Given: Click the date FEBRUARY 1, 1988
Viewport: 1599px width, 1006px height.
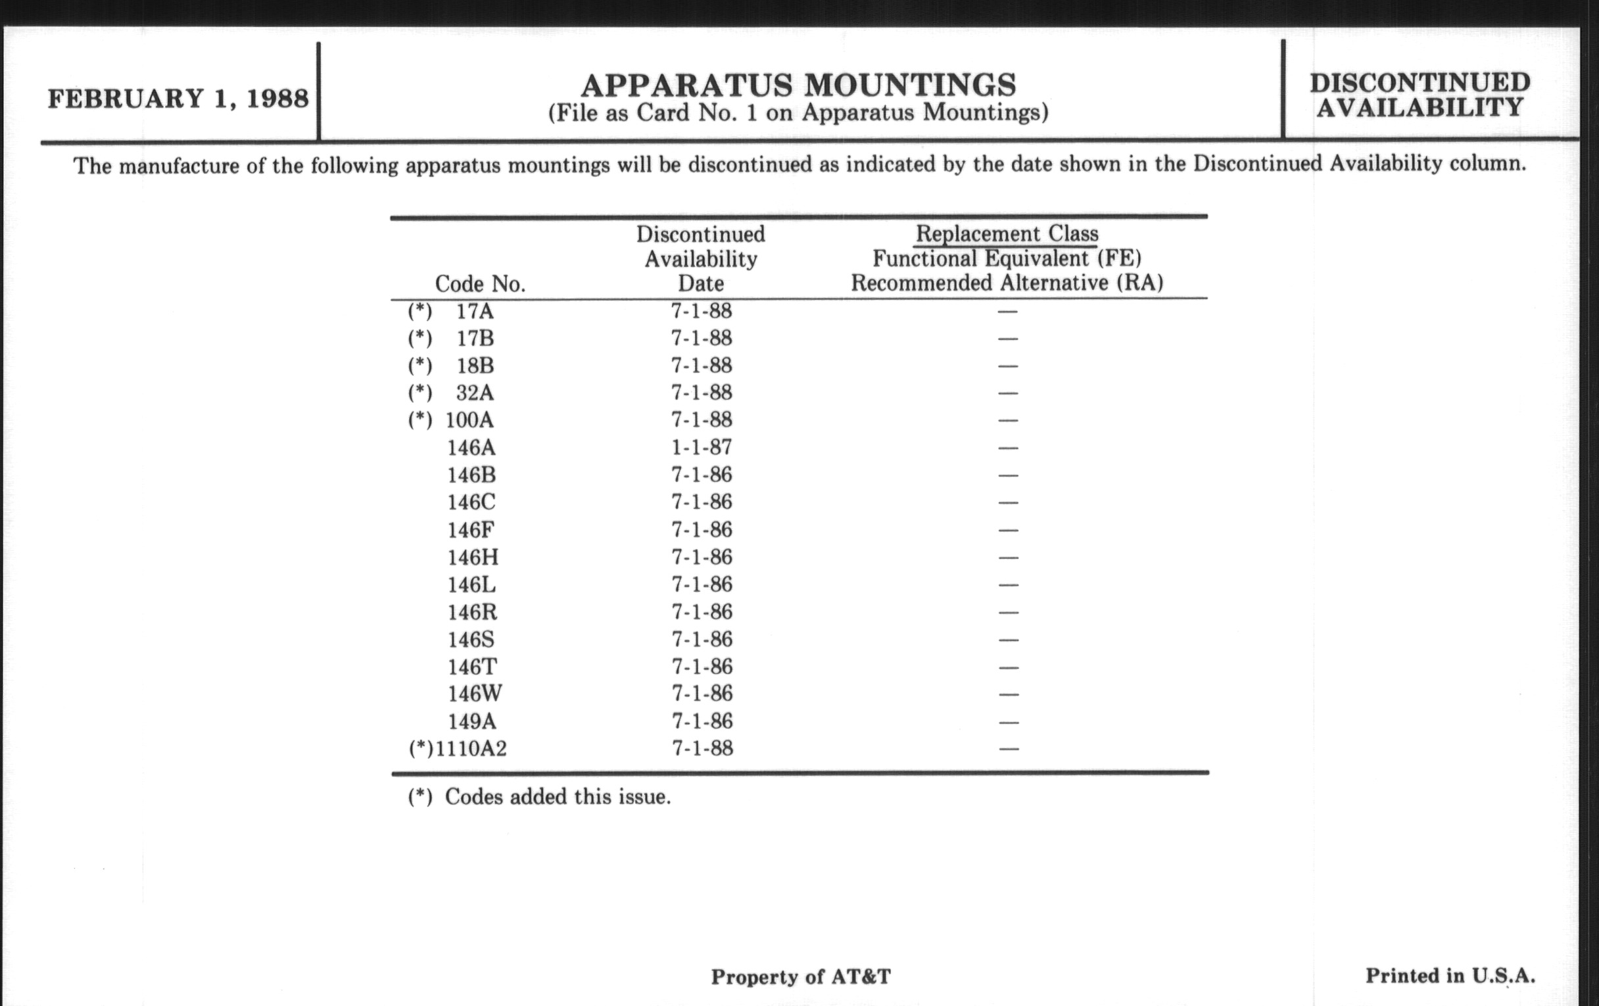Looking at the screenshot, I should coord(178,99).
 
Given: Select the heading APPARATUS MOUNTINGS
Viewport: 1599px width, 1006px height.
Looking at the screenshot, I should coord(798,85).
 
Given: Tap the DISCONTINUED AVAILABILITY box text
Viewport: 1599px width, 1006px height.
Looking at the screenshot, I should coord(1420,95).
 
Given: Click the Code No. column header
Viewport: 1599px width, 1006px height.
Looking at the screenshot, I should coord(480,284).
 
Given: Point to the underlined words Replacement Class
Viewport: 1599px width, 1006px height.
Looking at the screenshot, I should coord(1007,233).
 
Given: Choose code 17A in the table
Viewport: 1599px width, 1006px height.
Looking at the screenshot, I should coord(475,311).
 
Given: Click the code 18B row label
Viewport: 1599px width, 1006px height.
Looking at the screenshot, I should coord(475,365).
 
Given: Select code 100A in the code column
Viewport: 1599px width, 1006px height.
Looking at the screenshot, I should coord(469,420).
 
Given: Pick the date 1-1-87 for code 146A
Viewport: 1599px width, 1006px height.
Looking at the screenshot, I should coord(702,448).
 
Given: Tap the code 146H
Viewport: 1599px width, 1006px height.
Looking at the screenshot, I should coord(473,557).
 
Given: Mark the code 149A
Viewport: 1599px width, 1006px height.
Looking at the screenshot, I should coord(472,721).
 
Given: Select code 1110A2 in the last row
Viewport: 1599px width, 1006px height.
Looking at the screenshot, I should coord(471,749).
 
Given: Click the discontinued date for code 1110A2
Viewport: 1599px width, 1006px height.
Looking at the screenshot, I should coord(703,748).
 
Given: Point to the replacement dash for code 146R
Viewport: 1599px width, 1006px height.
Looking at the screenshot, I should coord(1008,612).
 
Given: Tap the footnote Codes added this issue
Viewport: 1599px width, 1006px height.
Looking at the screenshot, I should coord(557,797).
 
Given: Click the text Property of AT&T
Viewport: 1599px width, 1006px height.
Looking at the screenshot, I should coord(800,977).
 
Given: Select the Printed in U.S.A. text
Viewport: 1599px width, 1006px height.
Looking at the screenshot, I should coord(1450,976).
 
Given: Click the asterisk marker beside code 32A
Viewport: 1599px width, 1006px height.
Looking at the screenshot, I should coord(419,393).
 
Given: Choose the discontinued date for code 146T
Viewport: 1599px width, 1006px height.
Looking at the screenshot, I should coord(702,667).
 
